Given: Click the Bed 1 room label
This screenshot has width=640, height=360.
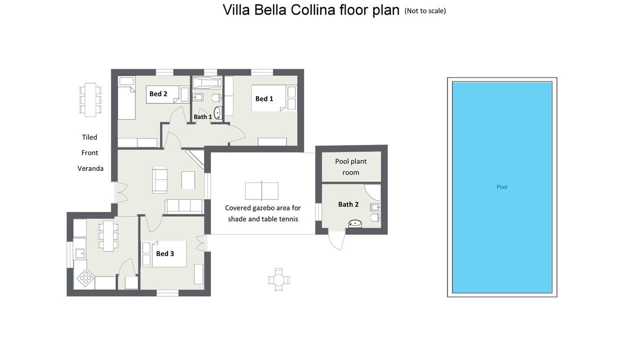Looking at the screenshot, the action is pos(264,99).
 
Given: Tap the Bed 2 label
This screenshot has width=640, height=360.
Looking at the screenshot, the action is pos(158,93).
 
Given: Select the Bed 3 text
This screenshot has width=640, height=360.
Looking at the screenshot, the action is pos(165,253).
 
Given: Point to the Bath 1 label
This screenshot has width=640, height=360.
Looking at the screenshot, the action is pos(203,117).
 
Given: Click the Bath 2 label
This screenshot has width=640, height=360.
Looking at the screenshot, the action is pos(348,204).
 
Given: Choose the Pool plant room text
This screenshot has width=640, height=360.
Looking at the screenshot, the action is pos(350,167).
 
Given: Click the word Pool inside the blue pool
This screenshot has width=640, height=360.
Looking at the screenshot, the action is pos(501,187).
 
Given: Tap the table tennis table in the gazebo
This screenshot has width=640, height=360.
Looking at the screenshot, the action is pos(261,191).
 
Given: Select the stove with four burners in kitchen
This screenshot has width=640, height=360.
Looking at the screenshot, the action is pos(85,277).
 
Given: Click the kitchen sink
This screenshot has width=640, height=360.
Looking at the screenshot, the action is pos(79,253).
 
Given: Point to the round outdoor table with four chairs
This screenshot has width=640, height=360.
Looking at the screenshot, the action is pos(278,280).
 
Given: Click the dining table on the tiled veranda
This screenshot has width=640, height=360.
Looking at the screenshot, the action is pos(90,99).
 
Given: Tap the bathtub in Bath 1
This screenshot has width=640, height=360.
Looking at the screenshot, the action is pos(207,82).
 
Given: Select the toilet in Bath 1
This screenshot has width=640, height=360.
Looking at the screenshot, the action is pos(216,98).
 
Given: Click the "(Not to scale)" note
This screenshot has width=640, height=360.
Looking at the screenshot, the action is pos(425,11).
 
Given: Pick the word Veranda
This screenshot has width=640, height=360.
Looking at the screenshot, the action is pos(90,168).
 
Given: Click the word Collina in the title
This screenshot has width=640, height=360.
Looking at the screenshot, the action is pos(313,10).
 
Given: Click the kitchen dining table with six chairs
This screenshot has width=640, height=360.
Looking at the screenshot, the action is pos(108,236).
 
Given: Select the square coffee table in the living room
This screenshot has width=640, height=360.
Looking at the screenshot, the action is pos(188,180).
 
